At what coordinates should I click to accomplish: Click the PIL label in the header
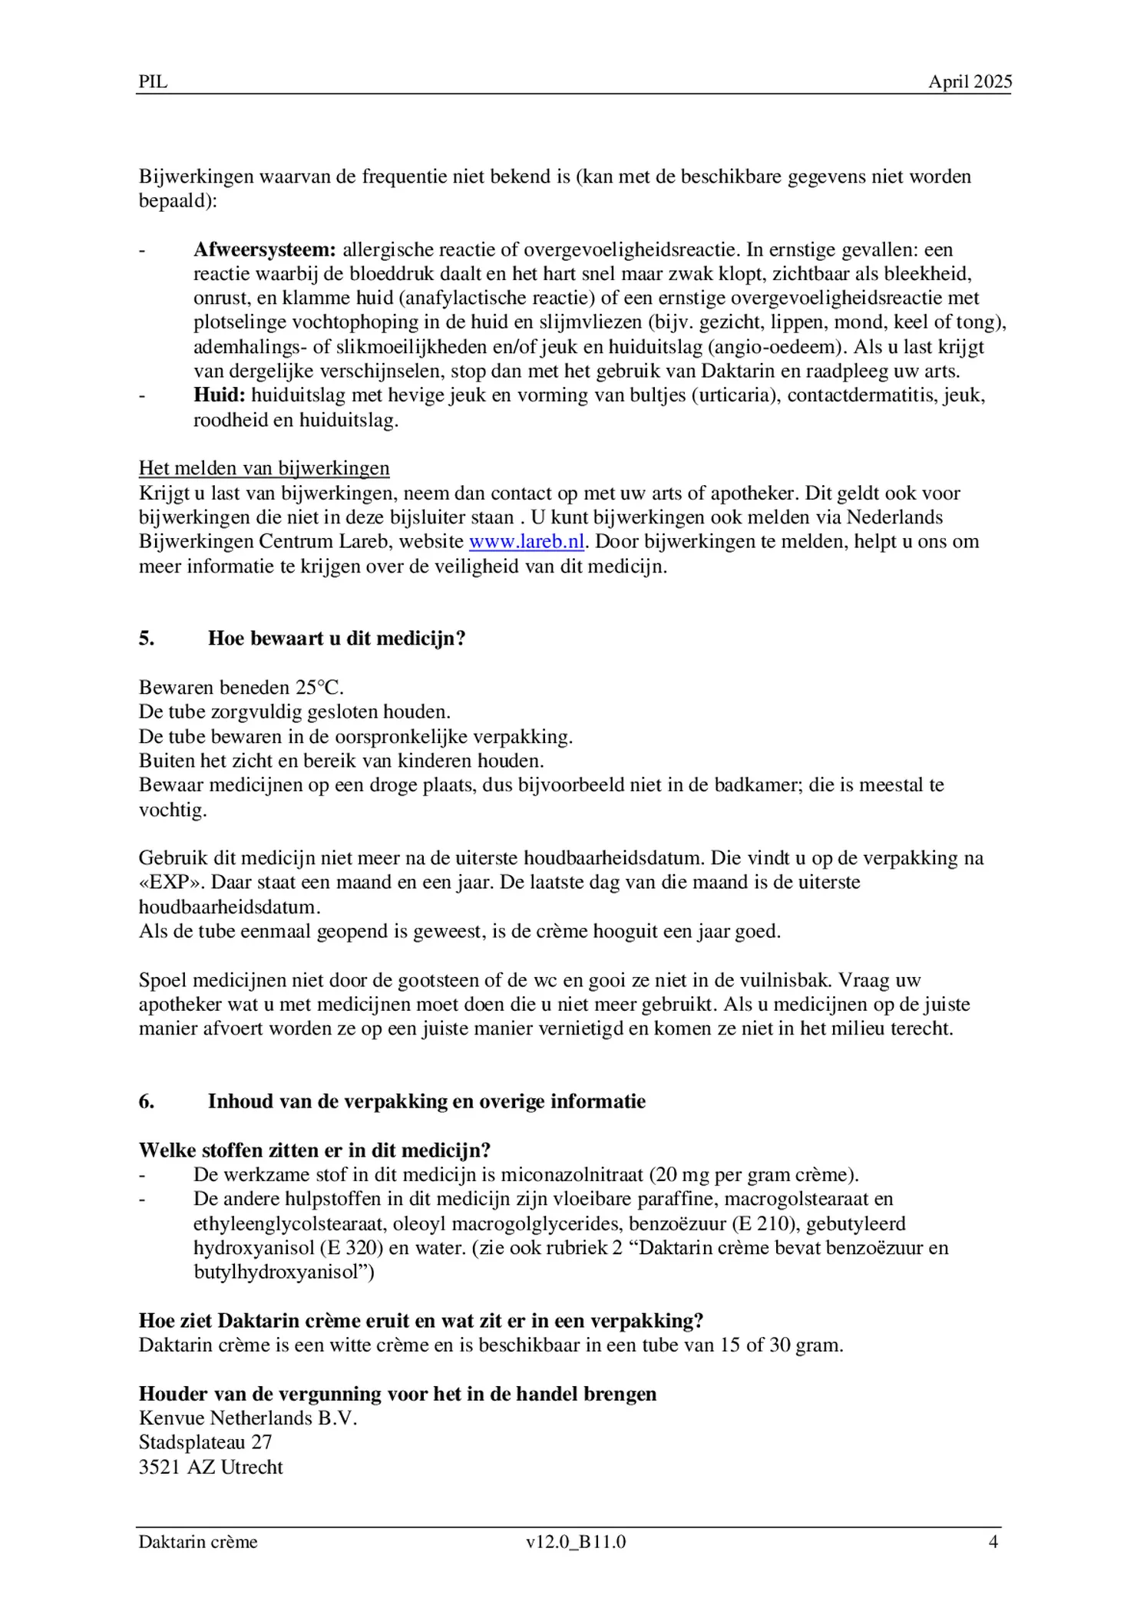[x=153, y=82]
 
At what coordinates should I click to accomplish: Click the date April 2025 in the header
[x=970, y=82]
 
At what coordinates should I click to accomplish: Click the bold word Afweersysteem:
[x=264, y=249]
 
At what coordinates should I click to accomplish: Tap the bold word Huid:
[x=219, y=395]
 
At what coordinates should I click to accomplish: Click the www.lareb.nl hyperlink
[x=527, y=542]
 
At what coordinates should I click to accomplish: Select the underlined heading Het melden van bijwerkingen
[x=264, y=468]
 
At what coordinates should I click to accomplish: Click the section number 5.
[x=147, y=639]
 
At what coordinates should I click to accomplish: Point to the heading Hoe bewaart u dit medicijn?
[x=336, y=639]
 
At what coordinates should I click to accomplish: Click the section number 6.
[x=147, y=1101]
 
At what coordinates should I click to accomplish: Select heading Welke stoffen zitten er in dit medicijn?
[x=315, y=1151]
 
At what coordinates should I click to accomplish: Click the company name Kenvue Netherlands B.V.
[x=248, y=1418]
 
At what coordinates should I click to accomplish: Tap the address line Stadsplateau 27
[x=205, y=1443]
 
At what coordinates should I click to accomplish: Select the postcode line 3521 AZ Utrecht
[x=211, y=1467]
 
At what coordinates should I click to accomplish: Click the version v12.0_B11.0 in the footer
[x=576, y=1542]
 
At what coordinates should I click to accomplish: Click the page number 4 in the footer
[x=993, y=1542]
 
